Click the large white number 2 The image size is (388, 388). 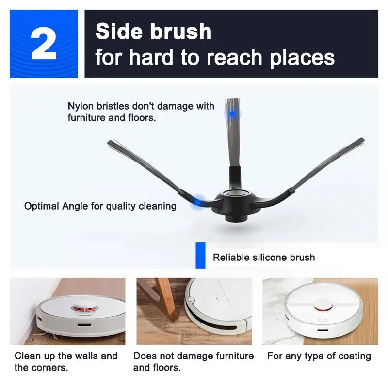pyautogui.click(x=43, y=44)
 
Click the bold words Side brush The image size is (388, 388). pyautogui.click(x=153, y=32)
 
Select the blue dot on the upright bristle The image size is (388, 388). pyautogui.click(x=232, y=114)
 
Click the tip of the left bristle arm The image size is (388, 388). pyautogui.click(x=110, y=143)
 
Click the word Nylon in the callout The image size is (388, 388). pyautogui.click(x=81, y=106)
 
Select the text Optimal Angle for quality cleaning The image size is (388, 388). pyautogui.click(x=100, y=206)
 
